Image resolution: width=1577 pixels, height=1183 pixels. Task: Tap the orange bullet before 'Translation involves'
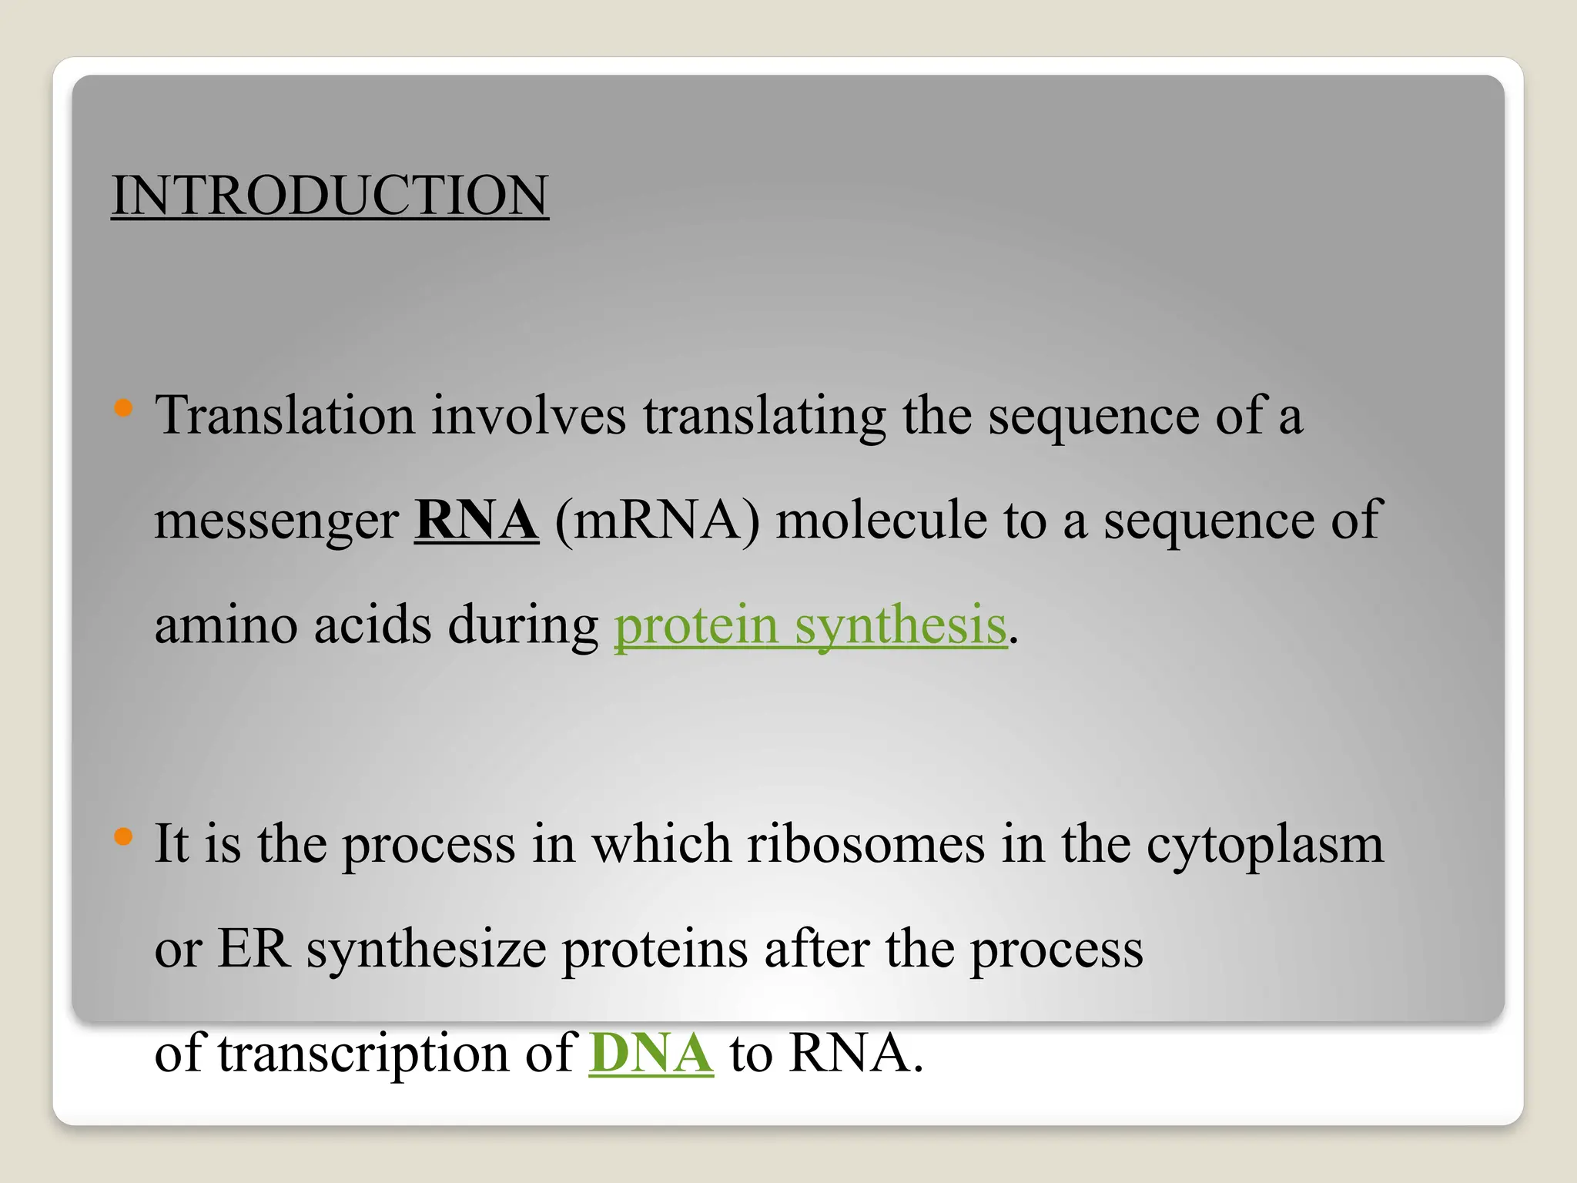(x=123, y=407)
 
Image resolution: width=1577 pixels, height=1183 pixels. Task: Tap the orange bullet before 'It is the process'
(x=123, y=836)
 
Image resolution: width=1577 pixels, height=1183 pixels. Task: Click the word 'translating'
(x=765, y=417)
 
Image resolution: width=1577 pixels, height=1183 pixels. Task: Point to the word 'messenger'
(x=276, y=521)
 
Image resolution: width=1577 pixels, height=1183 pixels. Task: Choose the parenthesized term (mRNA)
(x=657, y=521)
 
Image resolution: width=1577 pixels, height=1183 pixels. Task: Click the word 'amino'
(x=226, y=625)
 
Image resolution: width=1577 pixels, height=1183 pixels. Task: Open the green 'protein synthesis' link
(x=810, y=625)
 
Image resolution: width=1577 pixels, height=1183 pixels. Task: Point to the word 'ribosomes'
(x=866, y=844)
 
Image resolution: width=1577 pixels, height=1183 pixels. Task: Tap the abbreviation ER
(x=253, y=949)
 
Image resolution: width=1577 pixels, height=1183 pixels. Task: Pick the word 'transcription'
(x=363, y=1054)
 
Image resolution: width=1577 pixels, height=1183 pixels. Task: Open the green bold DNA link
(x=651, y=1054)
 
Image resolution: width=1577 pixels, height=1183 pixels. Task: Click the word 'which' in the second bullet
(x=661, y=844)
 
